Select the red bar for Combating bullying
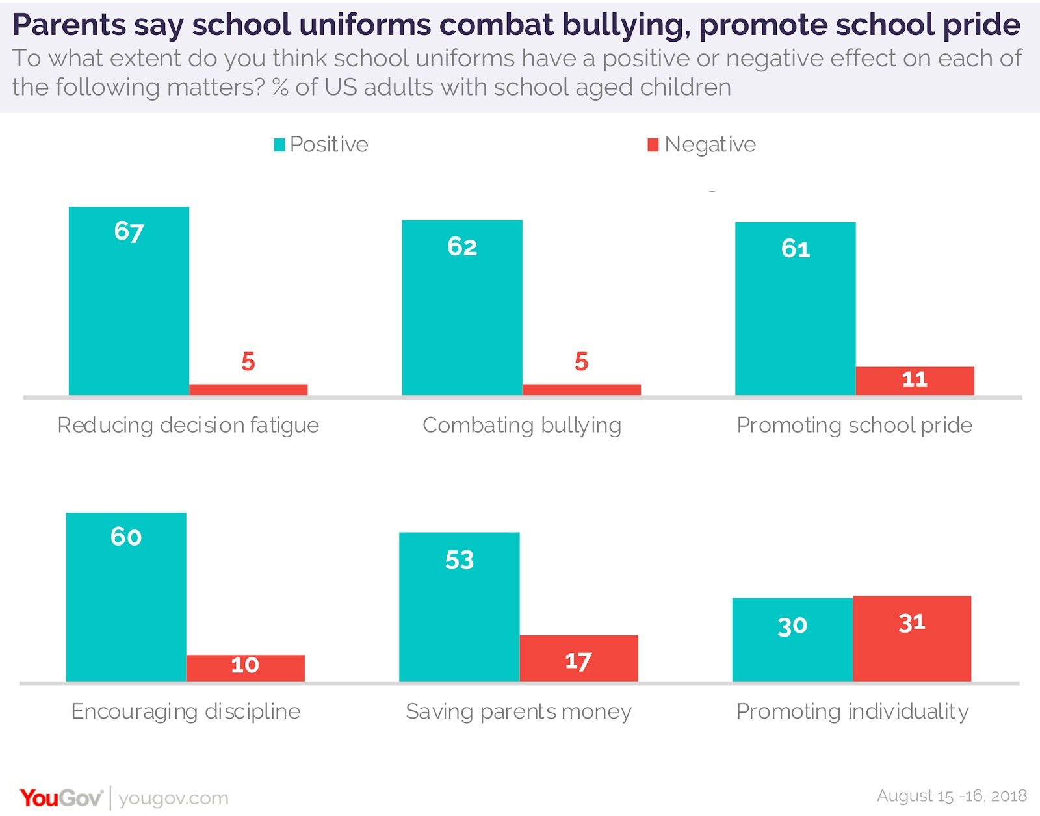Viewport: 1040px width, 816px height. coord(581,389)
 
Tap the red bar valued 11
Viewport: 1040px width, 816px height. coord(915,381)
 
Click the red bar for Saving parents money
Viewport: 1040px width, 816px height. coord(578,658)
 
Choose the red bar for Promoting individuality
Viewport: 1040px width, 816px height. coord(912,639)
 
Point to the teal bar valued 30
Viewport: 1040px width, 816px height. coord(792,639)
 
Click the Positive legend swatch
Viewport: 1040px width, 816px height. coord(279,145)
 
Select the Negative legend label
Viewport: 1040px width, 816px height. coord(710,144)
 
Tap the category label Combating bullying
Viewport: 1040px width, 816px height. coord(522,425)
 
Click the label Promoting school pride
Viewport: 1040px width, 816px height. coord(854,425)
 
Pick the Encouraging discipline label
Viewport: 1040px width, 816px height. coord(186,711)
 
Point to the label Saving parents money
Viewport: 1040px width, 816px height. coord(519,711)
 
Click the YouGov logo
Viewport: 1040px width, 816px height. coord(61,798)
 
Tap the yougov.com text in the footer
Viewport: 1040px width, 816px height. coord(174,798)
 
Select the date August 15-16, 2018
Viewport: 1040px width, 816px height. coord(952,796)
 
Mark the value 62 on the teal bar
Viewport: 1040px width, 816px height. coord(462,247)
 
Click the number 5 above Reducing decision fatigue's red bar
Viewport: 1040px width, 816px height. coord(248,361)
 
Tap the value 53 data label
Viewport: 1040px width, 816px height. coord(460,560)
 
